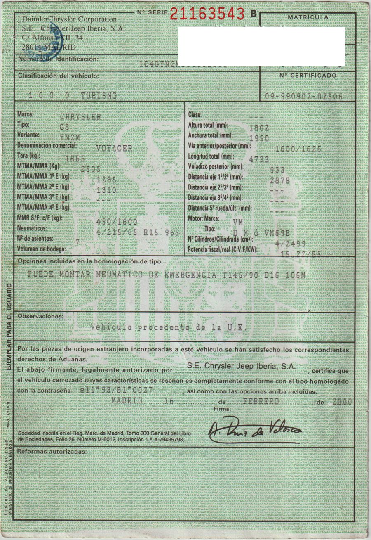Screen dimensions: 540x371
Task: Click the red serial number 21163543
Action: pyautogui.click(x=207, y=14)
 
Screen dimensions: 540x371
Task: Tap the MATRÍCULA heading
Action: pyautogui.click(x=308, y=17)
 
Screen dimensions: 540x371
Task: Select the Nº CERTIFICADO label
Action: pyautogui.click(x=308, y=76)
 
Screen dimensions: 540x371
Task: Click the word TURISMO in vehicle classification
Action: pyautogui.click(x=99, y=95)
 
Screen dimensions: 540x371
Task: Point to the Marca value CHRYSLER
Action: pyautogui.click(x=80, y=117)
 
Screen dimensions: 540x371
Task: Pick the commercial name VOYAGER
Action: pyautogui.click(x=114, y=147)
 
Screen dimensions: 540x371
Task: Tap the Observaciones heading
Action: pyautogui.click(x=40, y=317)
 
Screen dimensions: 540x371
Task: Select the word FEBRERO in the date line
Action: pyautogui.click(x=261, y=401)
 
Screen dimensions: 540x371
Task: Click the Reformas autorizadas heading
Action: pyautogui.click(x=52, y=452)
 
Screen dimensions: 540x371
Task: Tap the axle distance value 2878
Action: pyautogui.click(x=279, y=180)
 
